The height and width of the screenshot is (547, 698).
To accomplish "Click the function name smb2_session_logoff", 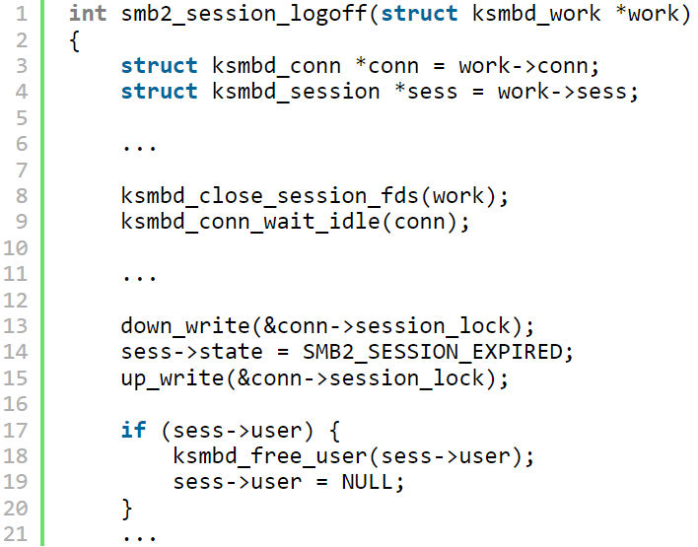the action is (x=243, y=14).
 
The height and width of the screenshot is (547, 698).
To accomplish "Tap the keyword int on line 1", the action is (x=88, y=14).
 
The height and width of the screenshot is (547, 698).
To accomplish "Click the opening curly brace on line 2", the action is (x=75, y=40).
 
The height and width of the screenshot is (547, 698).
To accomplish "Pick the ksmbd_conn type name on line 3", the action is (x=276, y=66).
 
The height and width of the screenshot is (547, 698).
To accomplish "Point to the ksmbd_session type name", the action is (x=295, y=92).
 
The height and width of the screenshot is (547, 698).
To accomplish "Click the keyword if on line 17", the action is (x=133, y=431).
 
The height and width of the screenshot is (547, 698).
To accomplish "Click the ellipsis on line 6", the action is (x=139, y=146).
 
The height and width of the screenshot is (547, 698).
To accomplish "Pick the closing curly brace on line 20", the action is (x=126, y=509).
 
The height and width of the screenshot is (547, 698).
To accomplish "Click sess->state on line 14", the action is (x=177, y=352).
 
